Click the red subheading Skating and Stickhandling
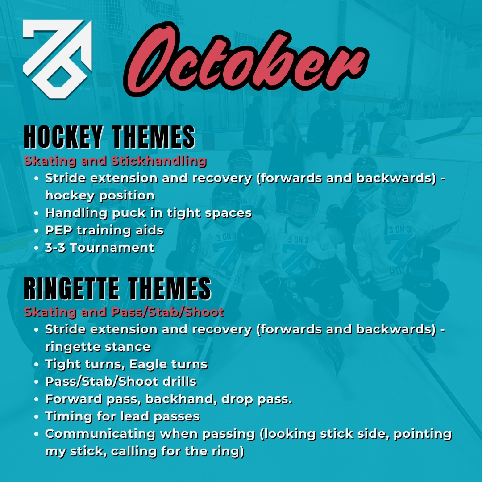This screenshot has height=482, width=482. (115, 161)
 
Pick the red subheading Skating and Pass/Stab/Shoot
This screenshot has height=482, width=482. (124, 312)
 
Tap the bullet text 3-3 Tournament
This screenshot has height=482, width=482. (100, 248)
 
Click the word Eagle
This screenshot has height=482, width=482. (146, 364)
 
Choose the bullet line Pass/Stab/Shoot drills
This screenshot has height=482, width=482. (120, 382)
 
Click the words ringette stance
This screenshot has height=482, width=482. (98, 347)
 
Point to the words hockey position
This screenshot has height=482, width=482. (100, 195)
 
